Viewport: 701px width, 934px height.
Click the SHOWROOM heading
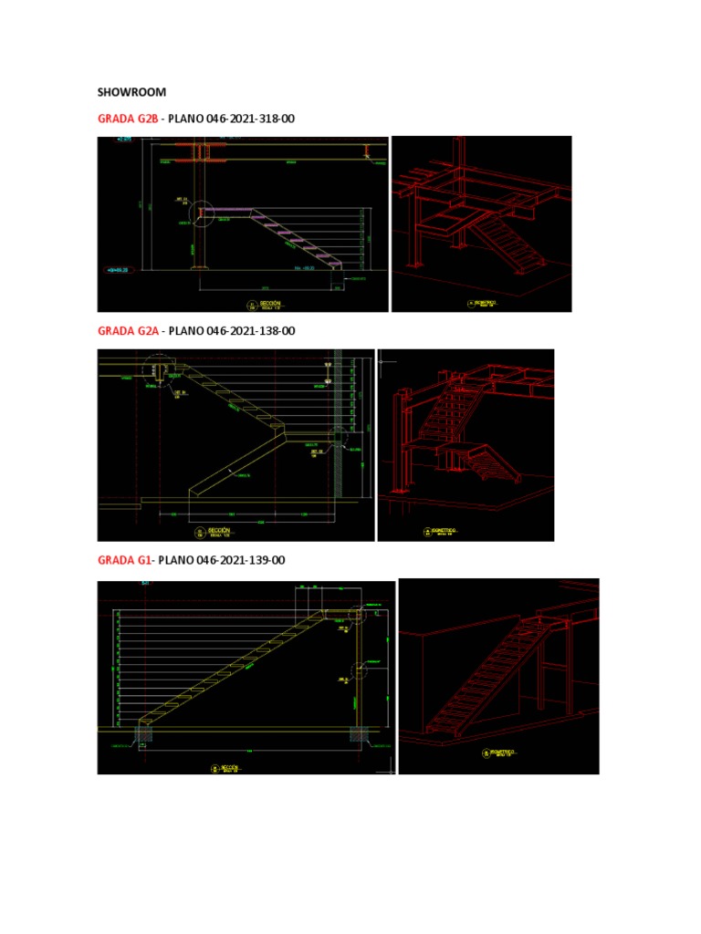(x=131, y=92)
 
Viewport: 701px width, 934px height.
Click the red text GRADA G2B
(x=128, y=119)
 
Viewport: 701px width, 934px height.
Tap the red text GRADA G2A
(x=128, y=330)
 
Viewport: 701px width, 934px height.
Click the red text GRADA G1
(x=124, y=560)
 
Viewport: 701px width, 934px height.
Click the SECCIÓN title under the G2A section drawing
(x=219, y=530)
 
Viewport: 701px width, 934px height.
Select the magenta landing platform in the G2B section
(x=227, y=211)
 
